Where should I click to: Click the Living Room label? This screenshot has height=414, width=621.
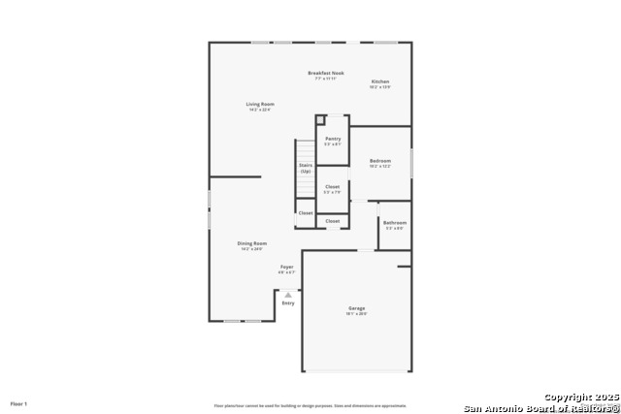[260, 104]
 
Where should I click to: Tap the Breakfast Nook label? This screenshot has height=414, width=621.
[326, 73]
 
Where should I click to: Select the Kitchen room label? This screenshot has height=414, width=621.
[379, 81]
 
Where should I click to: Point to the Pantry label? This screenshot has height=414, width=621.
[333, 139]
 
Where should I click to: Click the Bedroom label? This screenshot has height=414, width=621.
[379, 161]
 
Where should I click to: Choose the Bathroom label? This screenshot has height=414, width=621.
[395, 222]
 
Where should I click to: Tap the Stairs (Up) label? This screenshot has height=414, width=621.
[306, 169]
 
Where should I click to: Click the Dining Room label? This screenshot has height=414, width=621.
[252, 243]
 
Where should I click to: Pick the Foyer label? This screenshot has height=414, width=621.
[287, 267]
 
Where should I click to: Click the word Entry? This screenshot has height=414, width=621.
[288, 303]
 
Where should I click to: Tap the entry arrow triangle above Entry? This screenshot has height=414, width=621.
[288, 295]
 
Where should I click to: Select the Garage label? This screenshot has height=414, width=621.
[357, 308]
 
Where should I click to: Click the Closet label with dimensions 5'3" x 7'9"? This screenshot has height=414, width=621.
[333, 186]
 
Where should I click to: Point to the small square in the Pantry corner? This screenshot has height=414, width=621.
[320, 120]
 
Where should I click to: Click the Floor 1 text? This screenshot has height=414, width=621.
[19, 403]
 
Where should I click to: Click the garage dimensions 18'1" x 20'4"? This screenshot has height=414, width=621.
[357, 314]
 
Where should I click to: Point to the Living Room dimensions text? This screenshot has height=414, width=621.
[260, 110]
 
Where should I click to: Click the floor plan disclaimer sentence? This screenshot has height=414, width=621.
[310, 405]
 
